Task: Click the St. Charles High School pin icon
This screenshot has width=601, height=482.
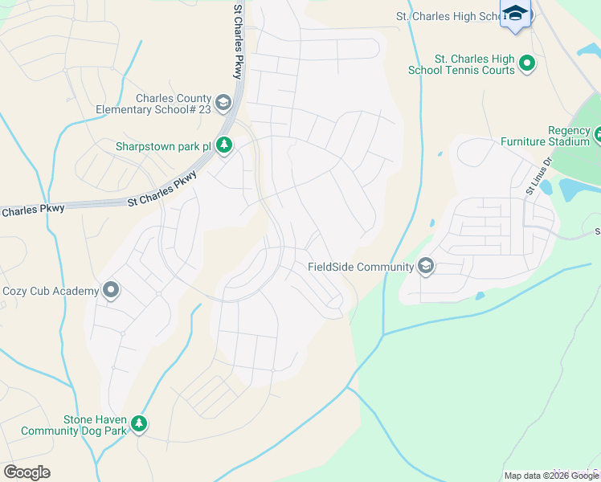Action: click(515, 14)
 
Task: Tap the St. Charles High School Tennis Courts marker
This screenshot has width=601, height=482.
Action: click(527, 63)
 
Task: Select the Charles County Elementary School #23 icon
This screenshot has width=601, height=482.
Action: click(223, 103)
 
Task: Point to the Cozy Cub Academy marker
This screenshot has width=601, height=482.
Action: click(111, 291)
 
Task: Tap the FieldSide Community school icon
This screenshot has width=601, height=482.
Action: click(425, 267)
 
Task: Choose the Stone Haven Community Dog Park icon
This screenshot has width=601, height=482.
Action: click(139, 423)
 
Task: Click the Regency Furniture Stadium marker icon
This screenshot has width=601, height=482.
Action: click(597, 135)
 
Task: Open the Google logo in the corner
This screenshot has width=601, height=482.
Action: click(27, 472)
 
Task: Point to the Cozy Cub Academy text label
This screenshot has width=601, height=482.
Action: click(50, 291)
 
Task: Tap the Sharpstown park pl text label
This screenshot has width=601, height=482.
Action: click(163, 146)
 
